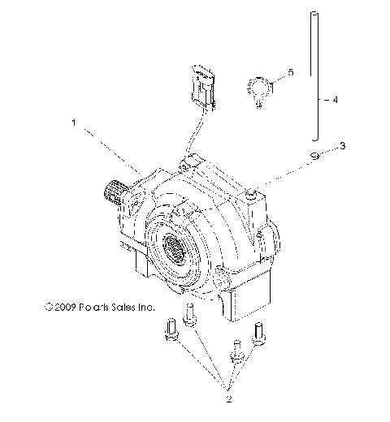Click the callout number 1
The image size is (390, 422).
pyautogui.click(x=74, y=125)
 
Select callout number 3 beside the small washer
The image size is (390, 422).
pyautogui.click(x=342, y=146)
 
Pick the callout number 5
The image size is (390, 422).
pyautogui.click(x=291, y=73)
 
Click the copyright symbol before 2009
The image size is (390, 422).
pyautogui.click(x=50, y=308)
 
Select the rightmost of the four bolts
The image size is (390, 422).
pyautogui.click(x=261, y=333)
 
